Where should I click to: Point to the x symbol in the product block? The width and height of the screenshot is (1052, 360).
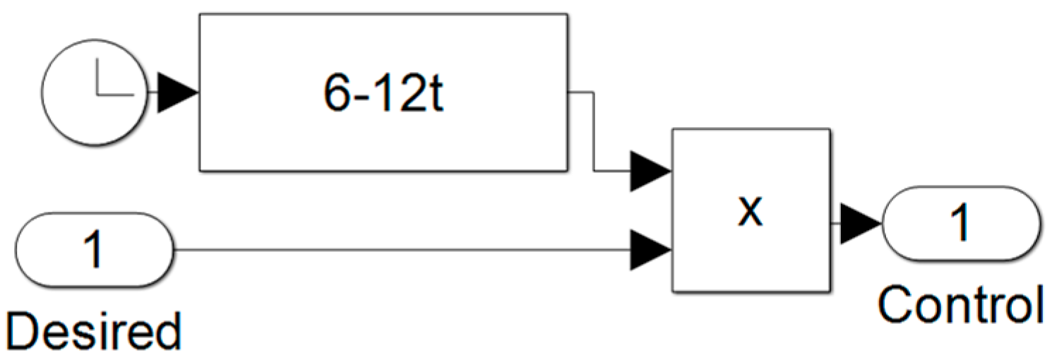751,210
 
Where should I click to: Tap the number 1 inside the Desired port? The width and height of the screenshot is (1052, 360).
93,248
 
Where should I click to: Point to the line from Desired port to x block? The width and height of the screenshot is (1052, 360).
402,249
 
